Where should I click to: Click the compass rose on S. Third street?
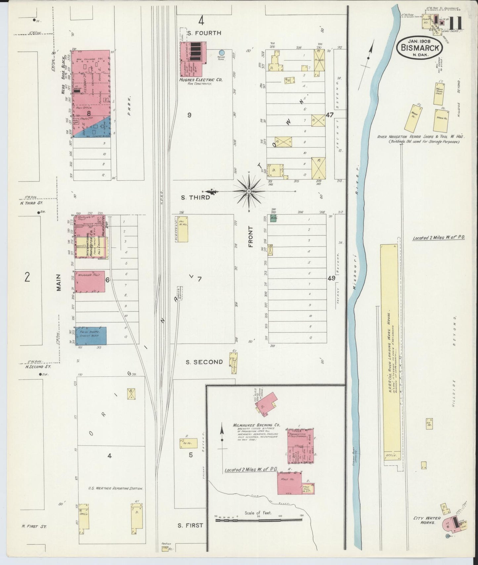coord(249,191)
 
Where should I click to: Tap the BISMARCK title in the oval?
coord(420,47)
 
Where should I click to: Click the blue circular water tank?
coord(222,52)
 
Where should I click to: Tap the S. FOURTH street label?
coord(199,33)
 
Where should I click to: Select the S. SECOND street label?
coord(204,362)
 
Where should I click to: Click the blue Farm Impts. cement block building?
coord(91,336)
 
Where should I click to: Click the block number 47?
coord(329,115)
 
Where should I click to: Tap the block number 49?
coord(331,278)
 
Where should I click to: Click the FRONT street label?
coord(250,237)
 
